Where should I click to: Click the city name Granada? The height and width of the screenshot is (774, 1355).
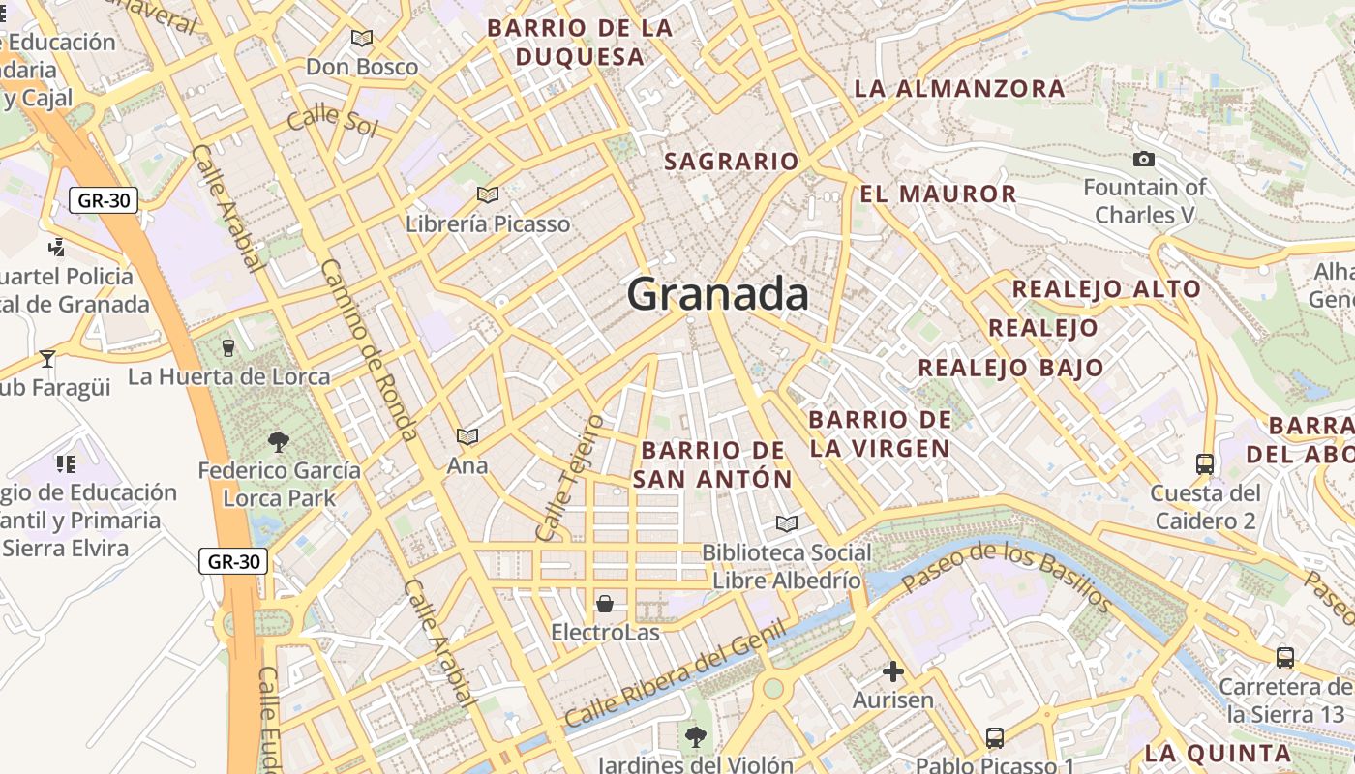point(717,294)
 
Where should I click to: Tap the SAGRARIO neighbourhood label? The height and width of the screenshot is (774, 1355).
point(731,162)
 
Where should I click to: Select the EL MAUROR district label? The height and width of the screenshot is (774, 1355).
point(938,193)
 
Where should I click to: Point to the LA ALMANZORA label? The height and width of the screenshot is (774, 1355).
point(959,89)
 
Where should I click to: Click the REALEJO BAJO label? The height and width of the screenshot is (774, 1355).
point(1010,368)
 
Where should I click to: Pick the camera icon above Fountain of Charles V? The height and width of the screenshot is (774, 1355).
point(1144,159)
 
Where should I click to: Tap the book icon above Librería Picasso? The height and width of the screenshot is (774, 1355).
point(488,195)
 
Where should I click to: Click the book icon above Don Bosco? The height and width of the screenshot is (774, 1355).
point(362,39)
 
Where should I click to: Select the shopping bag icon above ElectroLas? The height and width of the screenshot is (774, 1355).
point(605,604)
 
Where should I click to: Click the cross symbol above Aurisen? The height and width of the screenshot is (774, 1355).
point(892,670)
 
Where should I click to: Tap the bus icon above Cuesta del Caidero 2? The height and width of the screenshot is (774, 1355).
point(1204,464)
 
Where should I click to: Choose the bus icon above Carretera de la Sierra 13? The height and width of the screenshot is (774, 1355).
point(1285,658)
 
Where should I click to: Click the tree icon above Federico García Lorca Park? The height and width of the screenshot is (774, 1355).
point(279,442)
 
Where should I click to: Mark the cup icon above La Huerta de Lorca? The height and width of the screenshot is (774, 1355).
point(228,347)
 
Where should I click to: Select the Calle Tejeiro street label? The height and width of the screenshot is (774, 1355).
point(569,478)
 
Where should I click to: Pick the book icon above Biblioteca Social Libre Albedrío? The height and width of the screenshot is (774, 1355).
point(787,524)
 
